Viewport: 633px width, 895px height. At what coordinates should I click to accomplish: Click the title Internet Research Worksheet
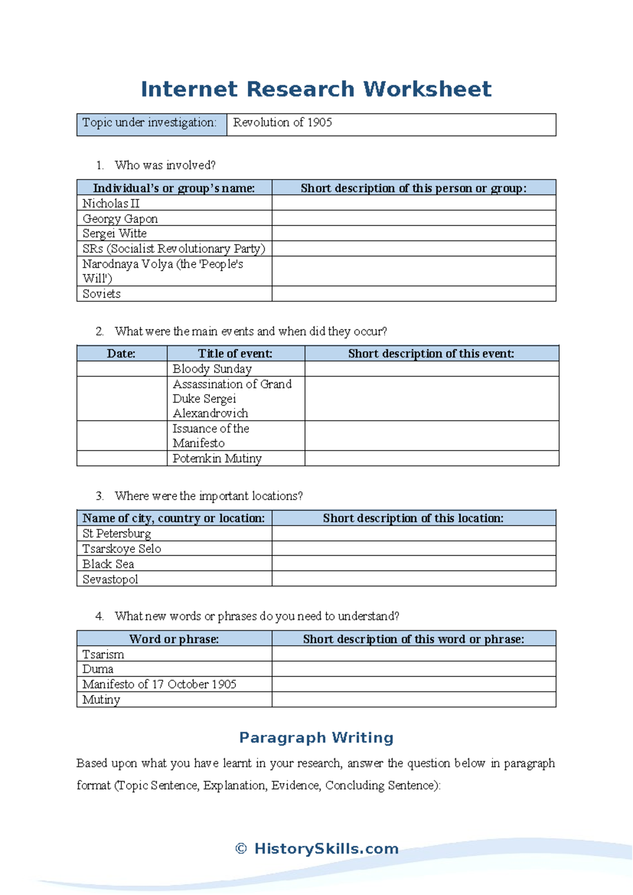(316, 89)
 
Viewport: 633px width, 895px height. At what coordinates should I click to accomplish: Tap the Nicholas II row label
(111, 203)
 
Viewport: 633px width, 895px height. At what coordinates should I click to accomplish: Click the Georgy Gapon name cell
(120, 218)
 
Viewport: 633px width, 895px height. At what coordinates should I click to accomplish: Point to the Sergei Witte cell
(114, 233)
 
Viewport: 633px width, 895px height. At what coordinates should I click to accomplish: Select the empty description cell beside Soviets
(414, 294)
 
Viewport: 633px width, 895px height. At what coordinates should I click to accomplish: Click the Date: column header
(121, 354)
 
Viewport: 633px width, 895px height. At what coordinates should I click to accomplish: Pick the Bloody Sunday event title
(213, 369)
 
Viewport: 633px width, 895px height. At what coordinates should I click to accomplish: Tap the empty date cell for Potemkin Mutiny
(121, 458)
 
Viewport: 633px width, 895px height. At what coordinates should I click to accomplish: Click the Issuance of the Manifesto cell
(211, 435)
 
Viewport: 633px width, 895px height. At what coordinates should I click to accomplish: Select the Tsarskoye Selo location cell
(122, 549)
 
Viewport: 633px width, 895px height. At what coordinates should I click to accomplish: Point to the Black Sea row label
(108, 564)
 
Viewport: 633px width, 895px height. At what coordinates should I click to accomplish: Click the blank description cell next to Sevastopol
(414, 579)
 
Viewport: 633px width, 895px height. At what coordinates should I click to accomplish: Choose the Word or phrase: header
(174, 639)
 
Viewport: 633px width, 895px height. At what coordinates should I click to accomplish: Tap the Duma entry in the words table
(98, 669)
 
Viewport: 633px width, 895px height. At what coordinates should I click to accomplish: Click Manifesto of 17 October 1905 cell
(159, 684)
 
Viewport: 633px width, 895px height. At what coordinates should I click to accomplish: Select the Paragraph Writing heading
(316, 737)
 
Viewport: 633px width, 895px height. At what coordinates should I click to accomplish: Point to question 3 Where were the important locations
(208, 496)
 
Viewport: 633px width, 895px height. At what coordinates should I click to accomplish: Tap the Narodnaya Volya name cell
(162, 271)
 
